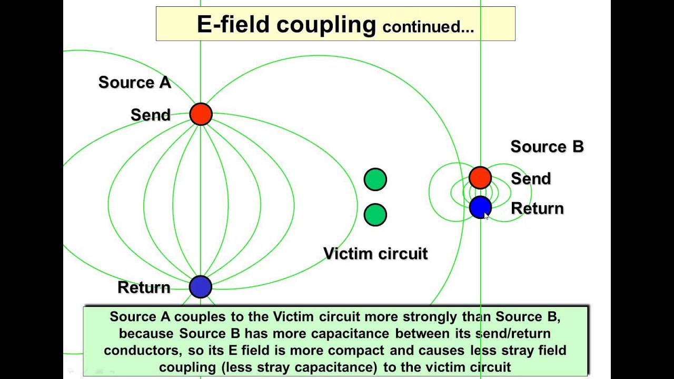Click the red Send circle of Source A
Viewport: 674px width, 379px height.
click(x=201, y=114)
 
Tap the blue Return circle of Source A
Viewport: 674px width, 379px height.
click(x=201, y=287)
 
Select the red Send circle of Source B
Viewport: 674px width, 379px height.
click(x=480, y=178)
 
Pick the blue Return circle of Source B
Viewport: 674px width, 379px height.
click(x=480, y=207)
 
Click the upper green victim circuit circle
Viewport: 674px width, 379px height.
click(x=375, y=179)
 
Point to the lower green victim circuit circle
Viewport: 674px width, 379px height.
click(x=375, y=215)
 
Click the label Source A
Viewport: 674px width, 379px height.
click(x=135, y=83)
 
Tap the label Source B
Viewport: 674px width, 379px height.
click(x=547, y=146)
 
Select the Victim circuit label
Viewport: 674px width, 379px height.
click(x=375, y=253)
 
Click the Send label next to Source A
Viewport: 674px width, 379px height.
click(x=151, y=115)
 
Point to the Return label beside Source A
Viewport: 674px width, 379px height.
click(x=144, y=287)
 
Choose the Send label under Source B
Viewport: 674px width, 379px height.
click(x=531, y=178)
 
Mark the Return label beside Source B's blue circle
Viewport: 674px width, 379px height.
click(x=538, y=208)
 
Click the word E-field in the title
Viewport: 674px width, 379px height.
click(x=233, y=24)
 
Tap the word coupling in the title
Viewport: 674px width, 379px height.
click(x=326, y=26)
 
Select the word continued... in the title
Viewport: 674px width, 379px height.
click(x=428, y=26)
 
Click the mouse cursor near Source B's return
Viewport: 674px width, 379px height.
click(x=487, y=216)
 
